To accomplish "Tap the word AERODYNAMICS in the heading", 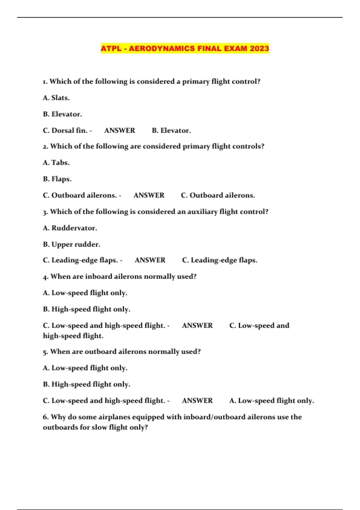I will [x=162, y=48].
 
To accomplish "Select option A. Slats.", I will [x=56, y=98].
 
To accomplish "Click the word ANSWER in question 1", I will [x=120, y=130].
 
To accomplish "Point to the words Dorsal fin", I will [x=69, y=130].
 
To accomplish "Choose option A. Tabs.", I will [x=56, y=163].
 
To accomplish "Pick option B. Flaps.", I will [x=57, y=179].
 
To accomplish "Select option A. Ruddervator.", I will [x=70, y=228].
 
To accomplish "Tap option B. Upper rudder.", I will [x=71, y=244].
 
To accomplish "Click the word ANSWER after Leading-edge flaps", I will [x=150, y=260].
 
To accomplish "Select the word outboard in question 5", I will [x=100, y=352].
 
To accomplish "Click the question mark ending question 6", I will [x=146, y=427].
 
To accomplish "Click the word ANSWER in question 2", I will [x=149, y=195].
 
